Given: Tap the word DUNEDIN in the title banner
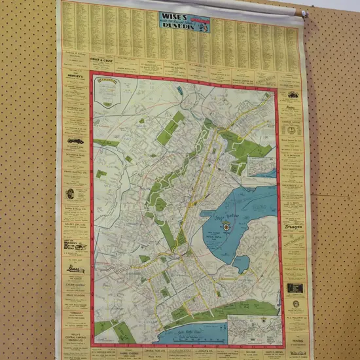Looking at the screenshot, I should (175, 28).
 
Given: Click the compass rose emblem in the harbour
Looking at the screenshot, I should (226, 226).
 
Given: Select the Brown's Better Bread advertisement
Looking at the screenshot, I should (75, 246).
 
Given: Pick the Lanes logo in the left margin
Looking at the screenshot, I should (74, 268).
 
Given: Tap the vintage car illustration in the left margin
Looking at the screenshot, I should (74, 141).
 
